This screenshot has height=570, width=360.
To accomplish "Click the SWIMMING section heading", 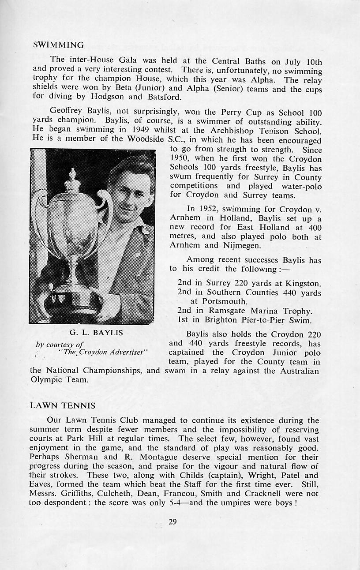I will [59, 45].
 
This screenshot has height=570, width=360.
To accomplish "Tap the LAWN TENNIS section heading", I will [62, 405].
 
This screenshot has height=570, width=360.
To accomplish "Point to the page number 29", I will [172, 522].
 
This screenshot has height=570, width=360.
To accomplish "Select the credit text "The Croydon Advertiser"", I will [102, 352].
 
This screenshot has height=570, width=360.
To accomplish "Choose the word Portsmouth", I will [225, 301].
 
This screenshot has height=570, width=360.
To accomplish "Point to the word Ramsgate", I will [225, 311].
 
